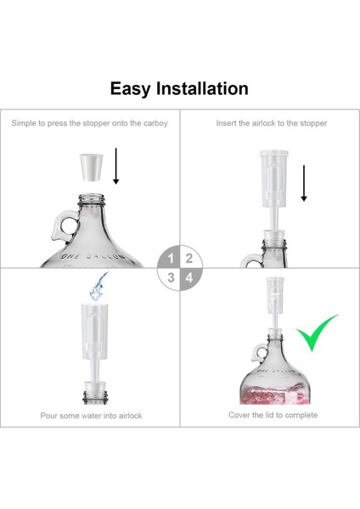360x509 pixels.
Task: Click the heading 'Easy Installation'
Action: click(179, 88)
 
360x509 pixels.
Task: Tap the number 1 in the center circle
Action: click(172, 258)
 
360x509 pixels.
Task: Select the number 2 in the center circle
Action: click(189, 258)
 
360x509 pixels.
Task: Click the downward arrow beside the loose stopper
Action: click(116, 169)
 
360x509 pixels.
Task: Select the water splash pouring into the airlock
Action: click(97, 286)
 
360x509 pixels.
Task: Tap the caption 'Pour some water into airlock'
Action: click(91, 416)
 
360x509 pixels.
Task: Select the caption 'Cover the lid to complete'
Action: click(273, 415)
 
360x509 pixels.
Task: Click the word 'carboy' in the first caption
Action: click(154, 124)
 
